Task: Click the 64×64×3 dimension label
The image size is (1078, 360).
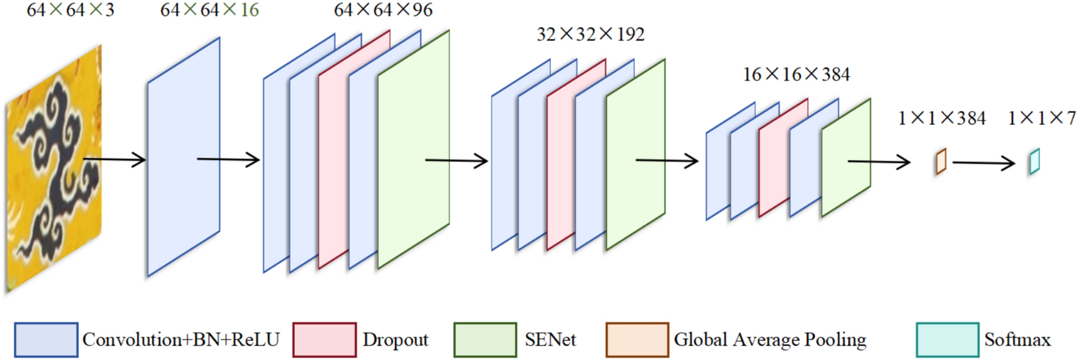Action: coord(70,10)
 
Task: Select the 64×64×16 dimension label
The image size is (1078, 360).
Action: coord(209,10)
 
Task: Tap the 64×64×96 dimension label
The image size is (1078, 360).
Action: coord(383,10)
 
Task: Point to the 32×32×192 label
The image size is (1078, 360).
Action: coord(590,35)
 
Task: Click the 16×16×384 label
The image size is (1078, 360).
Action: coord(795,74)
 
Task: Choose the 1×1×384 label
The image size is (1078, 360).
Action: coord(941,118)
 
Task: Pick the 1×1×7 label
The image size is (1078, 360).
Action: coord(1041,118)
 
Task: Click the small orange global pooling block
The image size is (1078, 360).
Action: coord(940,161)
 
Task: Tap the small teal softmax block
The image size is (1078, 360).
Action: coord(1034,161)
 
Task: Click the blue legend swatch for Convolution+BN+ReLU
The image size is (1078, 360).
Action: coord(46,339)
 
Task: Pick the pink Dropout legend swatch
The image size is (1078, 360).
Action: coord(324,339)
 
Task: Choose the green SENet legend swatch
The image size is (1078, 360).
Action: coord(485,339)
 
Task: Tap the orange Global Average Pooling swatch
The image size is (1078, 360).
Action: coord(637,339)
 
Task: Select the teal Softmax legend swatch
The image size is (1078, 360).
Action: coord(947,339)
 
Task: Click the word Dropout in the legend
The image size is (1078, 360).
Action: coord(395,340)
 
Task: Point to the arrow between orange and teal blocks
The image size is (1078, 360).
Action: coord(983,162)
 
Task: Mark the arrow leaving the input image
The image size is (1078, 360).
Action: coord(114,159)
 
